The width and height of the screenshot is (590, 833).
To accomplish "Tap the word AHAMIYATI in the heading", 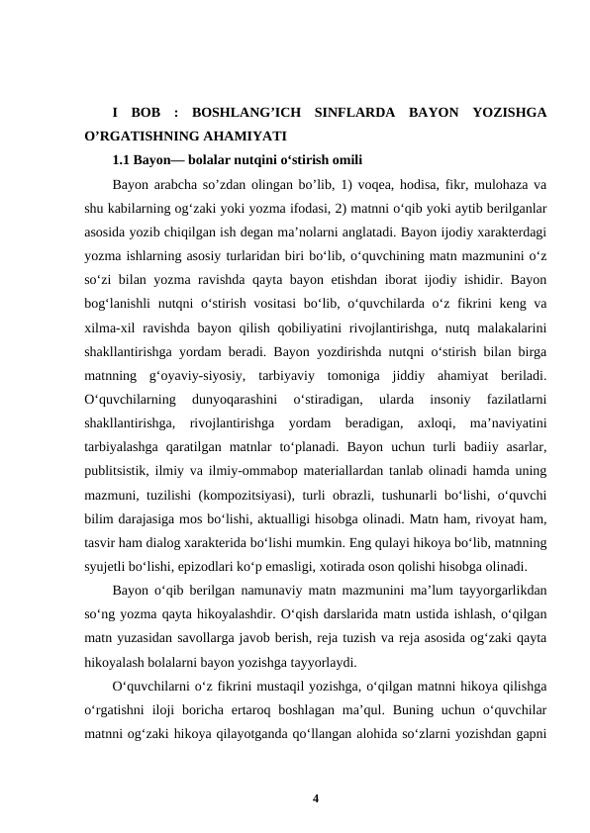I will [x=243, y=136].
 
